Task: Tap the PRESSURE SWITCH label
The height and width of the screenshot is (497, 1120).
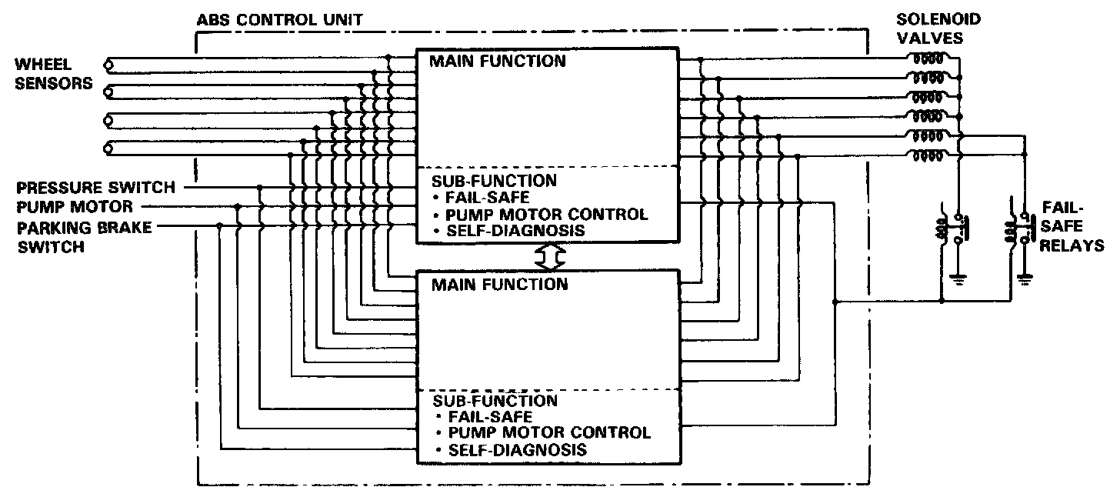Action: (96, 187)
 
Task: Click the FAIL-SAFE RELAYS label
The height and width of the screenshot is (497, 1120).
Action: (1072, 227)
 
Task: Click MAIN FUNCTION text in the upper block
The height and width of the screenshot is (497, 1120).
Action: (499, 62)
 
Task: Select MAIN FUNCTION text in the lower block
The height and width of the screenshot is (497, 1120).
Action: (499, 285)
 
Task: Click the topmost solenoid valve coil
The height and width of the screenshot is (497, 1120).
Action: (926, 58)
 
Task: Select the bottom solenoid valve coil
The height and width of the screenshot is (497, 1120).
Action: (926, 156)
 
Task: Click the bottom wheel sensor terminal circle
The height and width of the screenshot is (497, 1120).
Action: (109, 148)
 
